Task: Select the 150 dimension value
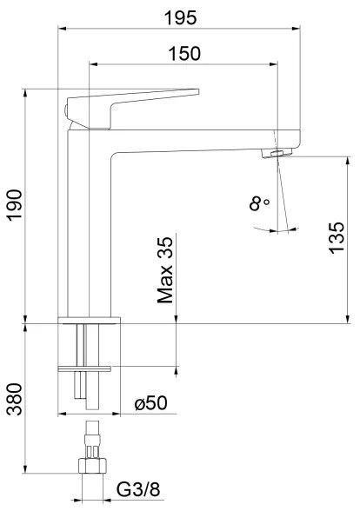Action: [183, 53]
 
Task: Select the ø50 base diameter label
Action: [150, 404]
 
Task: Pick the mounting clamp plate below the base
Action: [85, 368]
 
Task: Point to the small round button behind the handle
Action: [65, 109]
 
